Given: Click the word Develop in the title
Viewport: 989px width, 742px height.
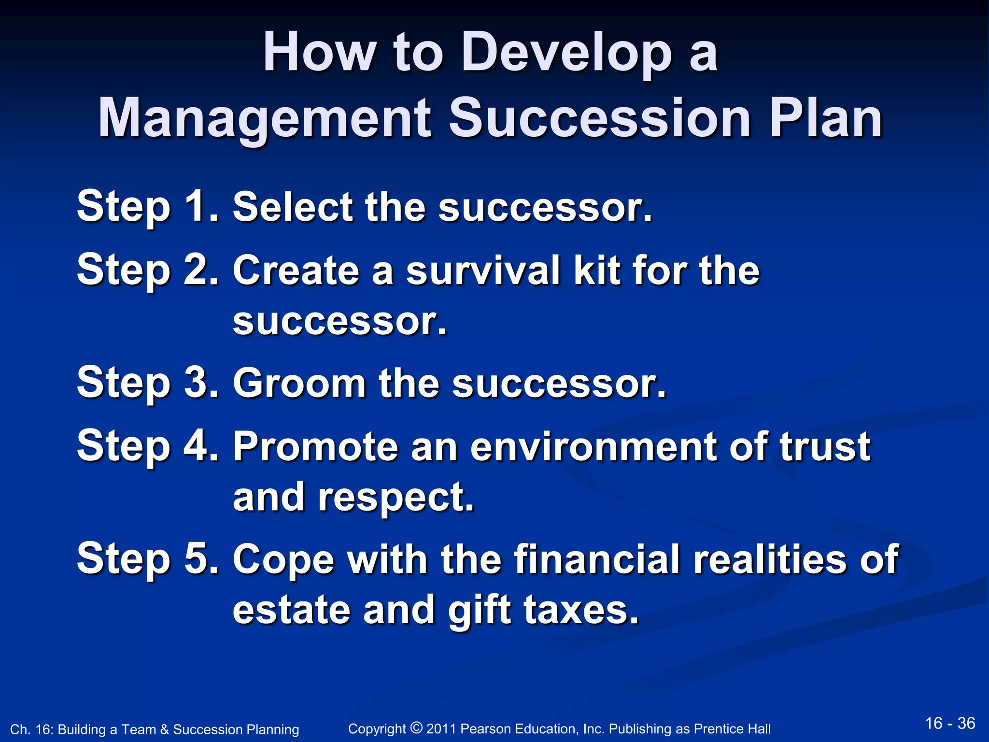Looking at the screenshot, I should [x=566, y=53].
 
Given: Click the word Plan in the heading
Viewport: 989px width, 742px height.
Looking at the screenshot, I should [x=826, y=118].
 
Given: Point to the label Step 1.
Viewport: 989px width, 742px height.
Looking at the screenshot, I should [x=148, y=207].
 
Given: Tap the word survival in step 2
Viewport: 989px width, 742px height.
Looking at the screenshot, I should [x=483, y=271].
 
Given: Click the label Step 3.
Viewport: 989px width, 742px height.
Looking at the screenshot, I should [x=148, y=383].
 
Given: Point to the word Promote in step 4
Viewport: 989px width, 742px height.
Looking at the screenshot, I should [x=316, y=446].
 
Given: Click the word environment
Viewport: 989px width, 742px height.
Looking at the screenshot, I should [x=594, y=446].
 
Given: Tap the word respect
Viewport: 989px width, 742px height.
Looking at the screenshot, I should [x=396, y=498].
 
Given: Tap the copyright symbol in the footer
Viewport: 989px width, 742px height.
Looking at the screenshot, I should [x=416, y=727].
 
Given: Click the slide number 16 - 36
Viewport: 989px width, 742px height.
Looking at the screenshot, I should [x=950, y=723].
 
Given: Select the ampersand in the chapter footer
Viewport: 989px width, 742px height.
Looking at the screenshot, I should [x=164, y=729].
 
